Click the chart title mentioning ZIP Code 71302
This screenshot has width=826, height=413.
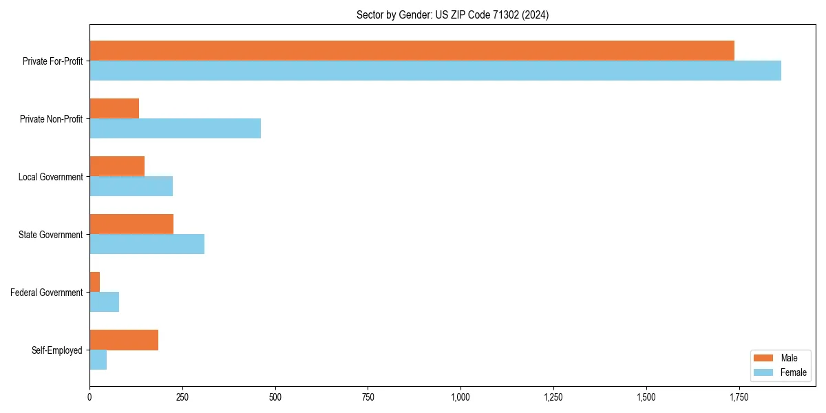(452, 14)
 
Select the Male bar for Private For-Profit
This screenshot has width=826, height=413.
(412, 51)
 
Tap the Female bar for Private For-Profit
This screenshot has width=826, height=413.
(435, 71)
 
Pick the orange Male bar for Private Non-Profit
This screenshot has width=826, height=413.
(114, 109)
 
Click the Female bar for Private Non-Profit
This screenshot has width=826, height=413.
(175, 129)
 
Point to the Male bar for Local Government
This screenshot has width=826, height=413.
(117, 167)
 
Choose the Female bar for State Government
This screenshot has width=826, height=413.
(147, 244)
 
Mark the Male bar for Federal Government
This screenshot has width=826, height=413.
(95, 282)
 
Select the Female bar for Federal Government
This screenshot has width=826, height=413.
(104, 302)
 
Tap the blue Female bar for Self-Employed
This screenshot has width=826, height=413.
(98, 360)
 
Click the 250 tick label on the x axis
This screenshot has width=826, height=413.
(182, 397)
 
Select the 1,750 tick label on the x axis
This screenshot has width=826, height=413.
(739, 397)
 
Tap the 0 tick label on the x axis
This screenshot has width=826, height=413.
(89, 397)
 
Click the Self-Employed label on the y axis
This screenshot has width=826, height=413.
(56, 350)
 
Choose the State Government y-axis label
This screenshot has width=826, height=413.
(50, 235)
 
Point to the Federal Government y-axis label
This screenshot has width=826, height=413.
(46, 293)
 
